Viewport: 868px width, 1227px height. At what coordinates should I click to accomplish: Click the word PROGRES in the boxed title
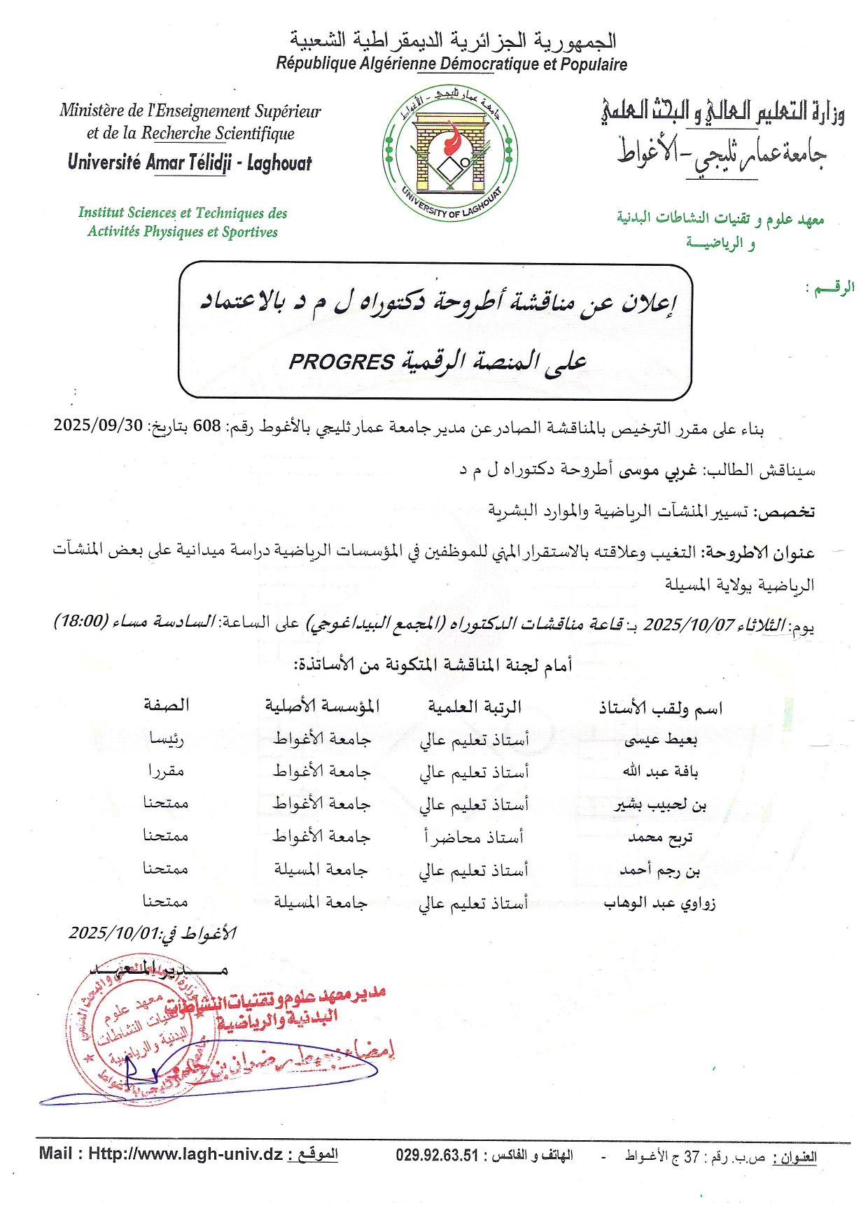pyautogui.click(x=342, y=362)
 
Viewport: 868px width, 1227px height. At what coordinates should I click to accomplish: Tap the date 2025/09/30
pyautogui.click(x=98, y=425)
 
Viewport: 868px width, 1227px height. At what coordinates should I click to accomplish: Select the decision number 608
pyautogui.click(x=206, y=426)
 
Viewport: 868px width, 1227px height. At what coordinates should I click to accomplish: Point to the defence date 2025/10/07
pyautogui.click(x=689, y=624)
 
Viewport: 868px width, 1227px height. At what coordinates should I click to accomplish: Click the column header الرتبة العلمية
pyautogui.click(x=475, y=707)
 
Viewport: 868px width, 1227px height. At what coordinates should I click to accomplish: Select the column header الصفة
pyautogui.click(x=167, y=705)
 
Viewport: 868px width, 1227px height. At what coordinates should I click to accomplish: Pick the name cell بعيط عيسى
pyautogui.click(x=660, y=739)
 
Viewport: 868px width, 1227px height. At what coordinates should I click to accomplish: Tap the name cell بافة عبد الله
pyautogui.click(x=660, y=772)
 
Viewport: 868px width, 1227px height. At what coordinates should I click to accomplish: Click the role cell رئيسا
pyautogui.click(x=167, y=738)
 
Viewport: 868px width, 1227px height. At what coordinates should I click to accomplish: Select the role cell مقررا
pyautogui.click(x=166, y=771)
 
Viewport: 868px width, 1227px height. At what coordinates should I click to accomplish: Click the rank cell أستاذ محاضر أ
pyautogui.click(x=473, y=837)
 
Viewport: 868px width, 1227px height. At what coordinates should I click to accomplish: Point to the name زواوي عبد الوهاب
pyautogui.click(x=659, y=903)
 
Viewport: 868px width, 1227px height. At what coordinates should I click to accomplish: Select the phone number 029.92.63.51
pyautogui.click(x=437, y=1155)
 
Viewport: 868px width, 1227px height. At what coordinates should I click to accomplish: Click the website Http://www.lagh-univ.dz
pyautogui.click(x=185, y=1154)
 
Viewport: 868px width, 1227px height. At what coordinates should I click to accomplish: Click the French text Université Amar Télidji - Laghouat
pyautogui.click(x=190, y=163)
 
